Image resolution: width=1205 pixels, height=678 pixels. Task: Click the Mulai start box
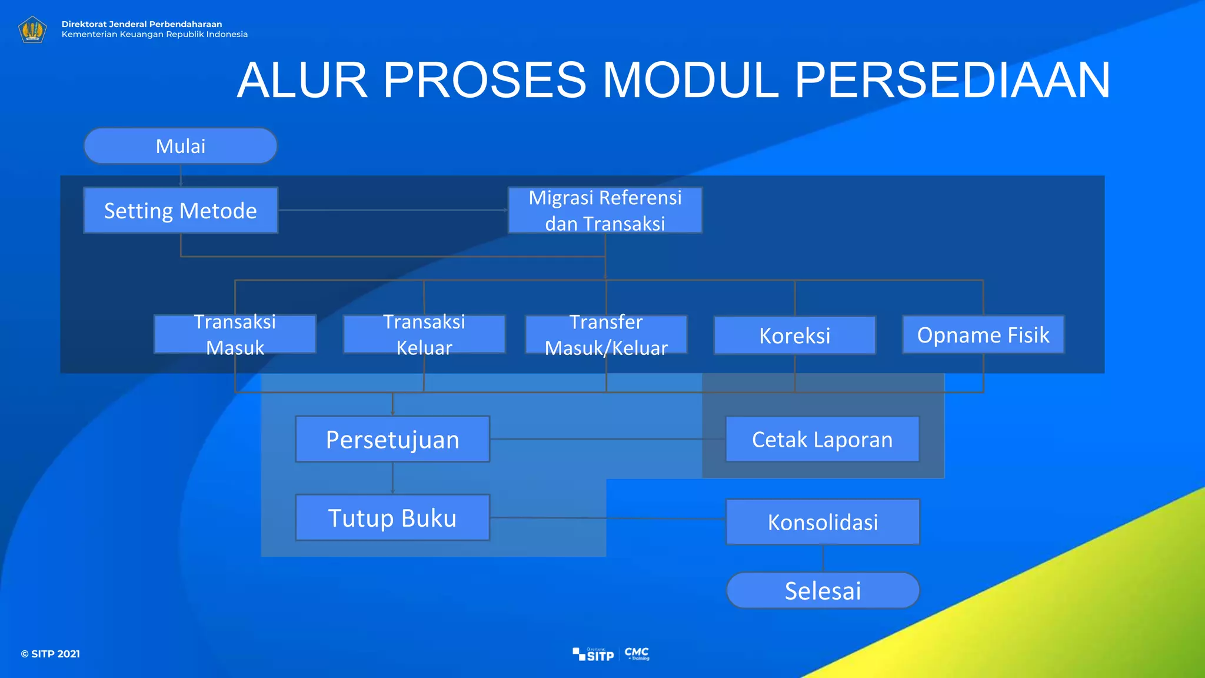(180, 146)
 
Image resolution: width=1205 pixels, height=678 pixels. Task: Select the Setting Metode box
(180, 211)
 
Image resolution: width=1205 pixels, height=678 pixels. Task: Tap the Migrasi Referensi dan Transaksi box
(605, 211)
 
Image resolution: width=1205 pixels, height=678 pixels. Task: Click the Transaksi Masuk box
(235, 334)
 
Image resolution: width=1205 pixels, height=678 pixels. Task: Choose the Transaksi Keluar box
(424, 334)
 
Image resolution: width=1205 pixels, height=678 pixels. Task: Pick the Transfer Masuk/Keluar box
(606, 334)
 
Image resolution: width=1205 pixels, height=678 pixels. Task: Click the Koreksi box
(794, 335)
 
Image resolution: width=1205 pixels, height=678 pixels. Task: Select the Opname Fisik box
(983, 334)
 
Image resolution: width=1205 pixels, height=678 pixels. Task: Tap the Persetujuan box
(392, 439)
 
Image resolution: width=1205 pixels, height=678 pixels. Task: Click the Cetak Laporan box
(822, 439)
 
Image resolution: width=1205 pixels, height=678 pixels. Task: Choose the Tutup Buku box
(392, 518)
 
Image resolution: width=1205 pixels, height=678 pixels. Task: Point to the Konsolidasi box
(823, 522)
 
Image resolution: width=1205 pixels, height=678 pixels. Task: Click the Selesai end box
(823, 590)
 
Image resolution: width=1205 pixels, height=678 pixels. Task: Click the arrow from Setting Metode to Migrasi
(393, 210)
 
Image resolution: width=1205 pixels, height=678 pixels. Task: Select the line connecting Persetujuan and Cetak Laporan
(606, 439)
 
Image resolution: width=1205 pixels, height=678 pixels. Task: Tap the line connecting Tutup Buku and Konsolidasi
(606, 519)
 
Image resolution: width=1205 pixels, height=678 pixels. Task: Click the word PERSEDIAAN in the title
(952, 80)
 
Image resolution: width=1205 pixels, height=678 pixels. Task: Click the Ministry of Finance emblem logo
(32, 29)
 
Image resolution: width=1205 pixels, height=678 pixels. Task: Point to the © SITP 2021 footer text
(51, 654)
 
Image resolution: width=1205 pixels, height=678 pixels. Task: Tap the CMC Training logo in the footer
(637, 653)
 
